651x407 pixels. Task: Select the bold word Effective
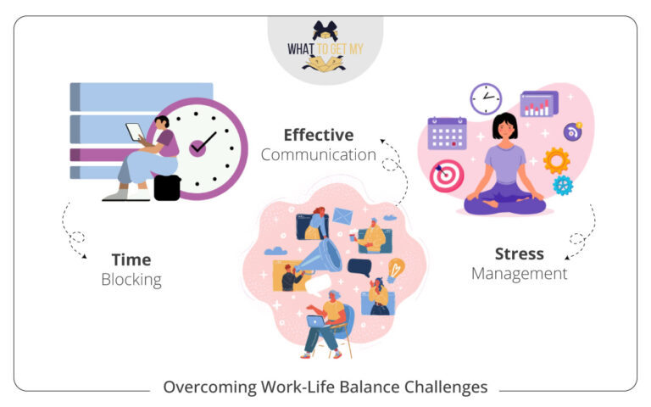click(319, 135)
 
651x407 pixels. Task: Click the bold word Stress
click(519, 254)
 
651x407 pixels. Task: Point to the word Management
click(519, 273)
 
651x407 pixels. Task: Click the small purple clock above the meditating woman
click(486, 99)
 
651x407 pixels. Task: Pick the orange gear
click(556, 160)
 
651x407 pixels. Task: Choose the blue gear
click(562, 185)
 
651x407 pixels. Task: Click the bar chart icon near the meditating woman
click(539, 104)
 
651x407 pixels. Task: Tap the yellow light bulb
click(396, 270)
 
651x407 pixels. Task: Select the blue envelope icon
click(342, 217)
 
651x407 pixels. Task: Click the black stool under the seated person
click(166, 187)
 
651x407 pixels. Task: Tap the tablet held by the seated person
click(136, 132)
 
